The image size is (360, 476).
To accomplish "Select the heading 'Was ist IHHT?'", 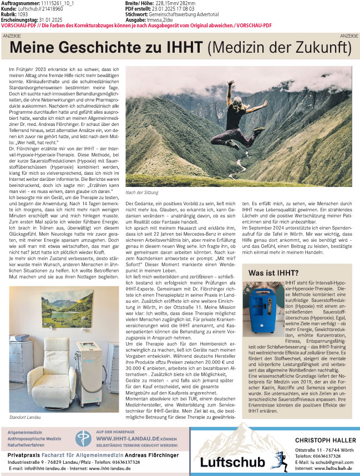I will [273, 272].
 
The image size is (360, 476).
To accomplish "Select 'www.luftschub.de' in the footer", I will [333, 469].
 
